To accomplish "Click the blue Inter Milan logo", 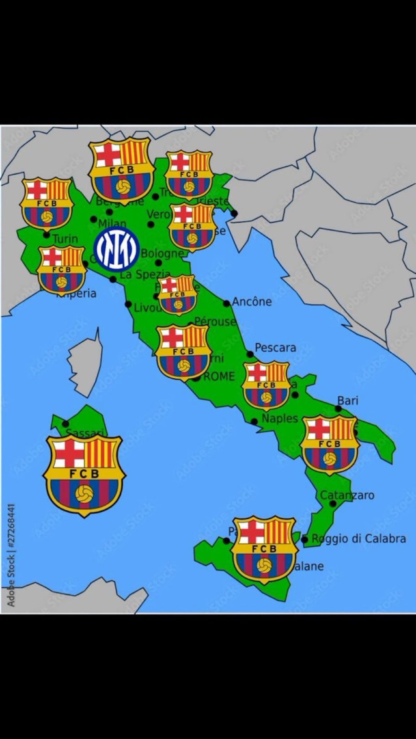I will point(116,248).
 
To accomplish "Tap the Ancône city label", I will point(252,302).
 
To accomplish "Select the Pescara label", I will point(275,347).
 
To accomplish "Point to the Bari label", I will point(348,401).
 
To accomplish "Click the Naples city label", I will point(280,419).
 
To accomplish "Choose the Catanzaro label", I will point(347,495).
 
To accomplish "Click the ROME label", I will point(219,376).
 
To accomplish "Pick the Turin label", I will point(66,239).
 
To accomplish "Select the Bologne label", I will point(162,253).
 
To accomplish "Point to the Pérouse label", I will point(215,322).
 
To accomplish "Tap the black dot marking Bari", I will point(338,409).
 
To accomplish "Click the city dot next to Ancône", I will point(226,304).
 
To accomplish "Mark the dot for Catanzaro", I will point(333,504).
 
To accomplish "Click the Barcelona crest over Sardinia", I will point(84,475).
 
